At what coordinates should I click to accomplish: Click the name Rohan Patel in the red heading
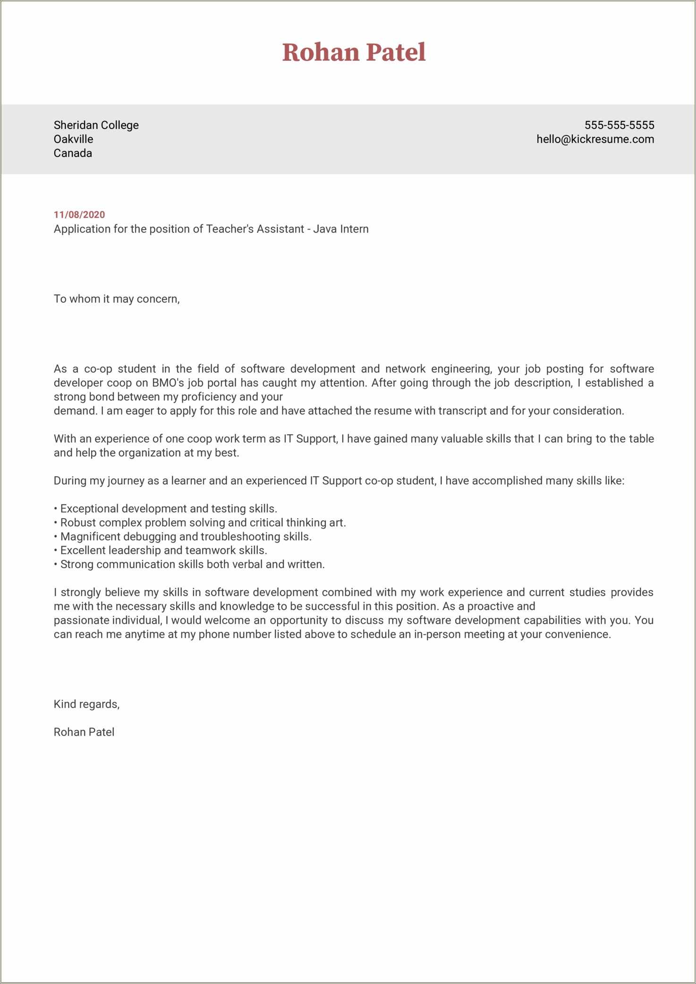(x=354, y=52)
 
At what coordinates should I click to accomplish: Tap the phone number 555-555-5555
(x=619, y=125)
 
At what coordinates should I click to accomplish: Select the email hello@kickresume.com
(x=595, y=139)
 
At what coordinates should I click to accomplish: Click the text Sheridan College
(x=96, y=125)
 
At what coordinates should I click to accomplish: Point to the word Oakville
(x=73, y=139)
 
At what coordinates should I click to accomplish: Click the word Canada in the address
(x=73, y=153)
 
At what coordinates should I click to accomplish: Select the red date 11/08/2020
(x=79, y=214)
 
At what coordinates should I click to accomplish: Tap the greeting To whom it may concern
(x=117, y=299)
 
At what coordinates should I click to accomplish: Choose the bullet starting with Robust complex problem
(x=200, y=522)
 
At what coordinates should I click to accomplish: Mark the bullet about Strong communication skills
(x=189, y=565)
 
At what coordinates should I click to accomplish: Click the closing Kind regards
(x=86, y=704)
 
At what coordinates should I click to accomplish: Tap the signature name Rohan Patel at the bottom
(x=84, y=732)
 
